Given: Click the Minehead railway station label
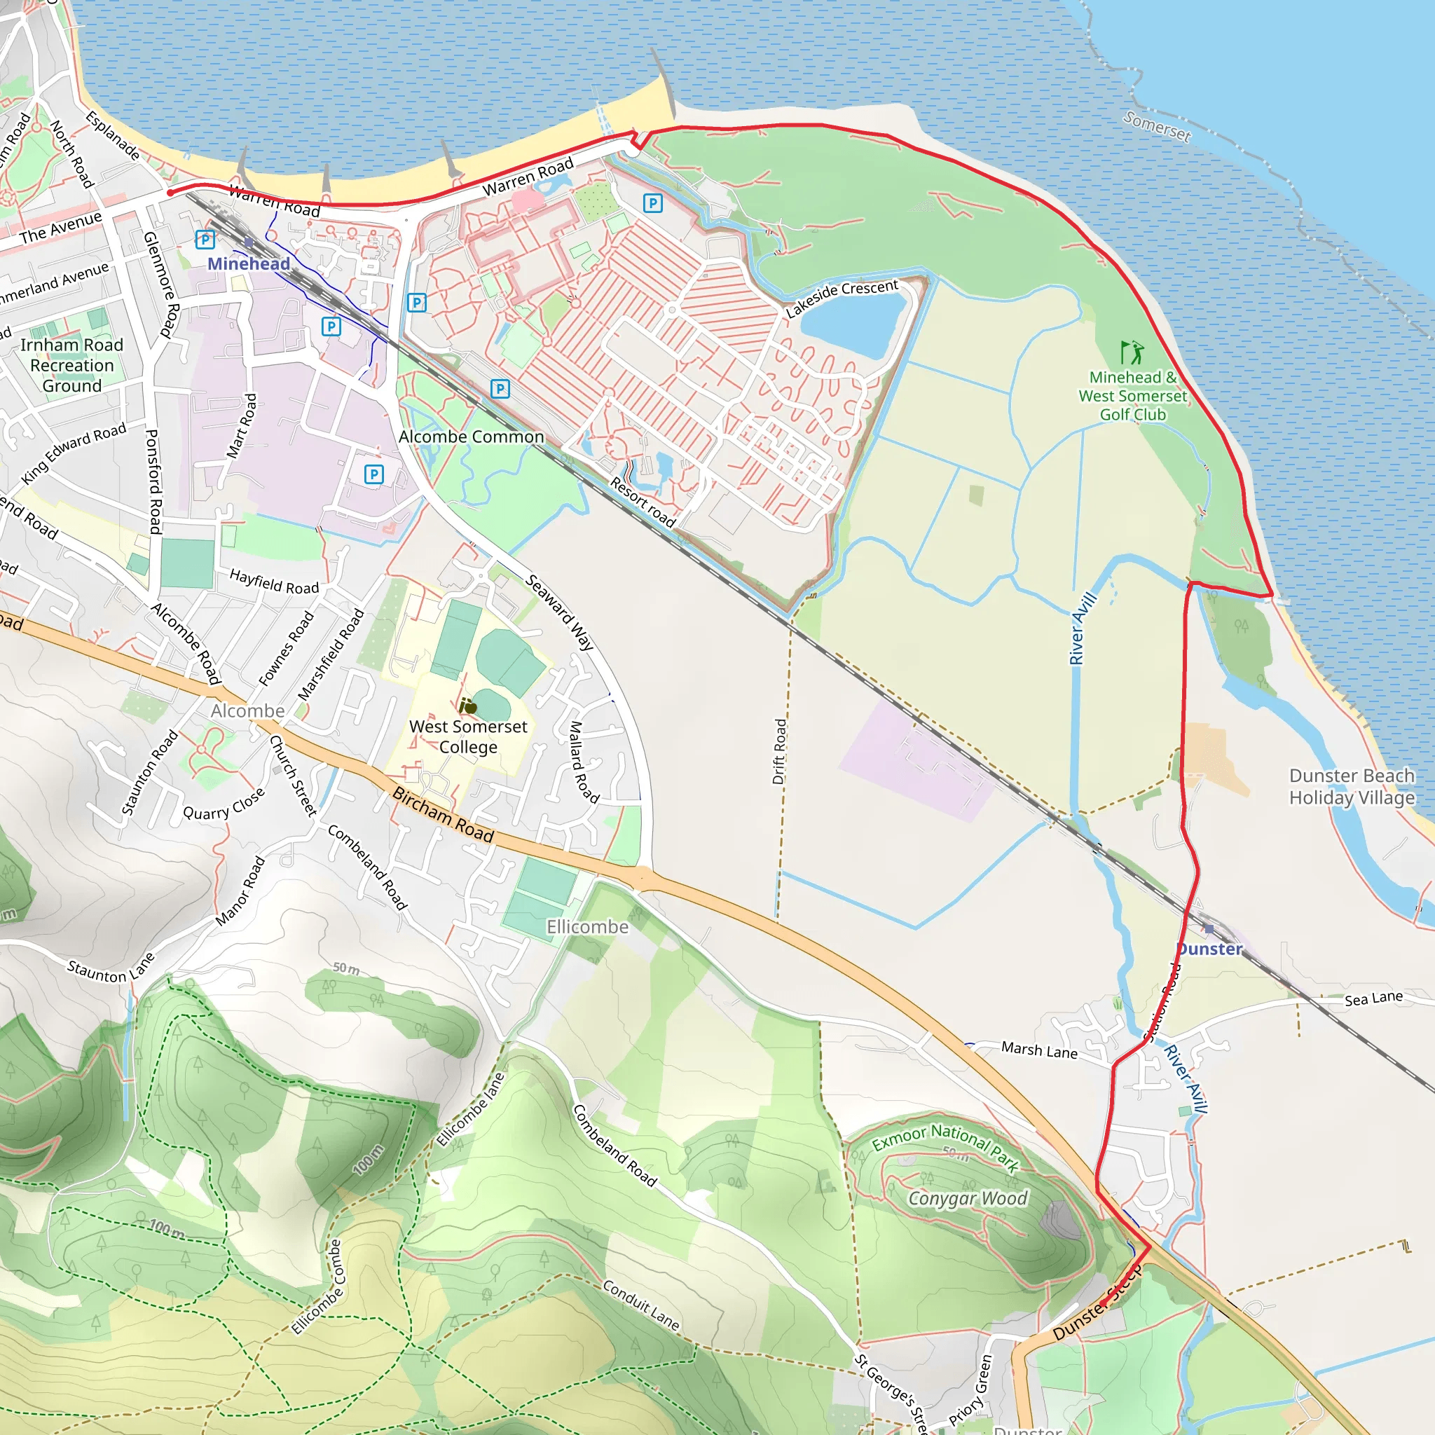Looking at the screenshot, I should (248, 263).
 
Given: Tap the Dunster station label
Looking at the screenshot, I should (1209, 949).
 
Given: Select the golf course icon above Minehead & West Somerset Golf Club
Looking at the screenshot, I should (1132, 352).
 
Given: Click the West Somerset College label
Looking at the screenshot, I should (468, 737).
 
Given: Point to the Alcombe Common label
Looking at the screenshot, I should (471, 437).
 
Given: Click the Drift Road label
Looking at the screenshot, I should (779, 752).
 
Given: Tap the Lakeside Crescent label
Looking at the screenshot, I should (842, 297).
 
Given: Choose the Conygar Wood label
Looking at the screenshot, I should (968, 1198).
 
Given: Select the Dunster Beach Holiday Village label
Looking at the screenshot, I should (1352, 787).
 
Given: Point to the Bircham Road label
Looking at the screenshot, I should (443, 815).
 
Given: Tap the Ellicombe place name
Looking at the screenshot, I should (587, 927).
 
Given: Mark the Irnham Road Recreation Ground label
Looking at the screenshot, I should (72, 366).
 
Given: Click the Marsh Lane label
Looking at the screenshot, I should (1039, 1050).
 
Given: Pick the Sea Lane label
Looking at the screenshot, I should (1373, 998).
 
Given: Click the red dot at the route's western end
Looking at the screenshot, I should (170, 193).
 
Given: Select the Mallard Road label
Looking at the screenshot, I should (583, 762).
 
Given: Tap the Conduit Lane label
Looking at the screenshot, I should (640, 1304).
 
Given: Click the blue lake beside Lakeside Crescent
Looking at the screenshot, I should (854, 324).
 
